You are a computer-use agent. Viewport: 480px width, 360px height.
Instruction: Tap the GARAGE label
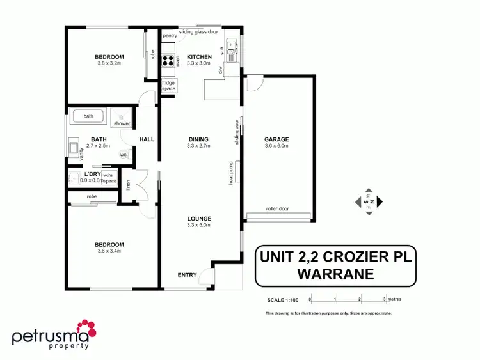(x=277, y=139)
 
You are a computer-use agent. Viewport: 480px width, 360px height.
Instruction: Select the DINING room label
(x=198, y=139)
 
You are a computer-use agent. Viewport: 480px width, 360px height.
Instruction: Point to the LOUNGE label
(x=198, y=219)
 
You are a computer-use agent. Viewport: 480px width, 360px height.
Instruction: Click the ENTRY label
(x=188, y=275)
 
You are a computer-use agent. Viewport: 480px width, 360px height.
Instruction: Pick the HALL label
(x=146, y=139)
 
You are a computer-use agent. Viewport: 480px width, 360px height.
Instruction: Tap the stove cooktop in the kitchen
(x=170, y=61)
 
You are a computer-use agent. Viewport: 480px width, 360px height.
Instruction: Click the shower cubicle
(x=122, y=118)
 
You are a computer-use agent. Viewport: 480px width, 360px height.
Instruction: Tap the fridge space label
(x=168, y=85)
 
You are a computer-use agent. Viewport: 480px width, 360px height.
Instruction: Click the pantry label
(x=169, y=36)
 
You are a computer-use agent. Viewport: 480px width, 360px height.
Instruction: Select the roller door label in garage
(x=277, y=208)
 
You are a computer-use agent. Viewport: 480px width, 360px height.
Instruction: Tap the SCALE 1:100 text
(x=282, y=299)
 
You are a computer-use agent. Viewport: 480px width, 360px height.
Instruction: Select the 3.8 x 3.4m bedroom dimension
(x=109, y=251)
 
